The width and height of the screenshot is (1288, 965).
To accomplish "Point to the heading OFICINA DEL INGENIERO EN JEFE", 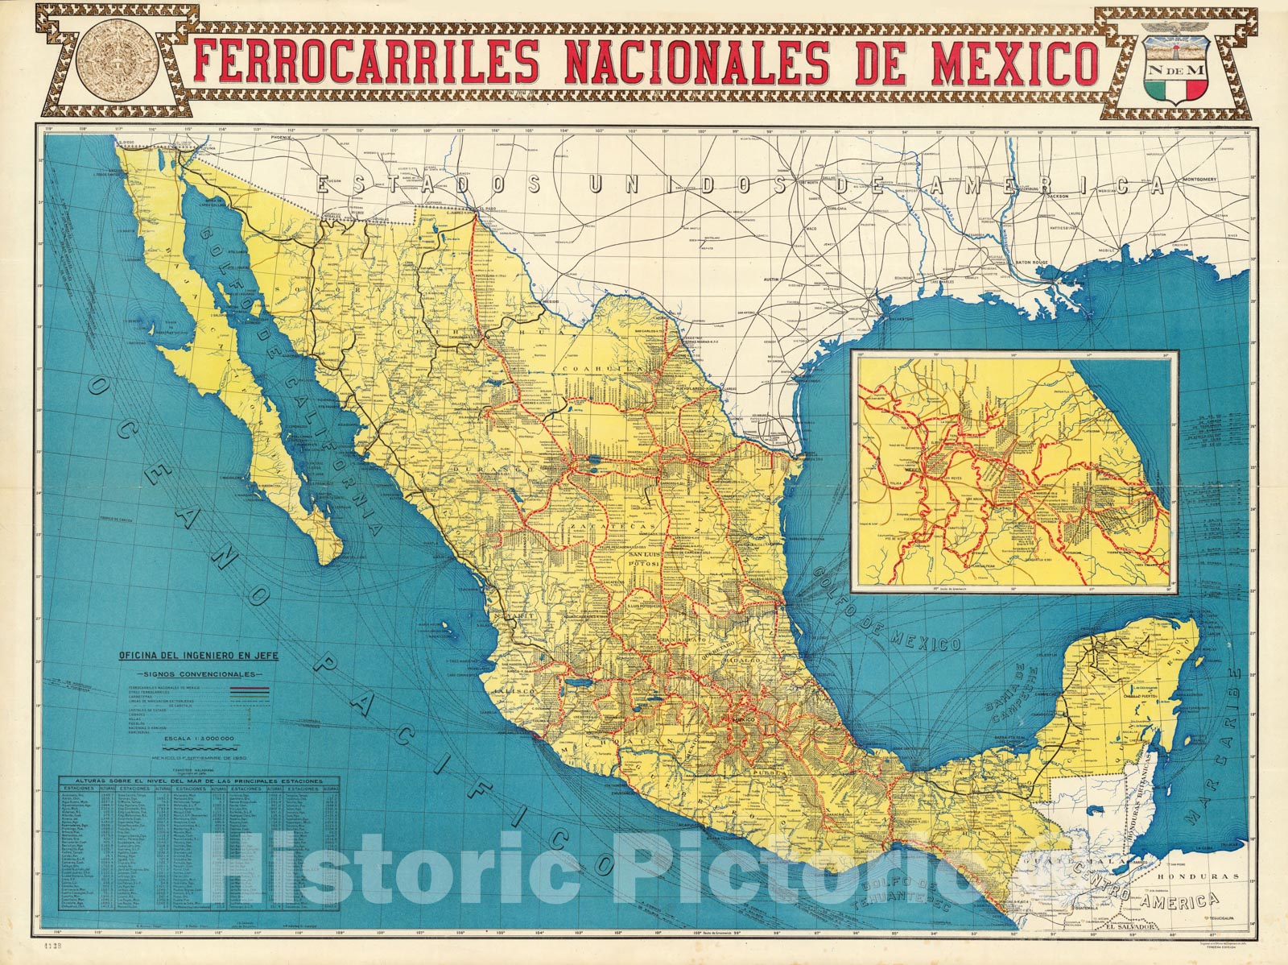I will (198, 656).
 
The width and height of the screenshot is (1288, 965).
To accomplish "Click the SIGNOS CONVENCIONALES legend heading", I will (198, 673).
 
